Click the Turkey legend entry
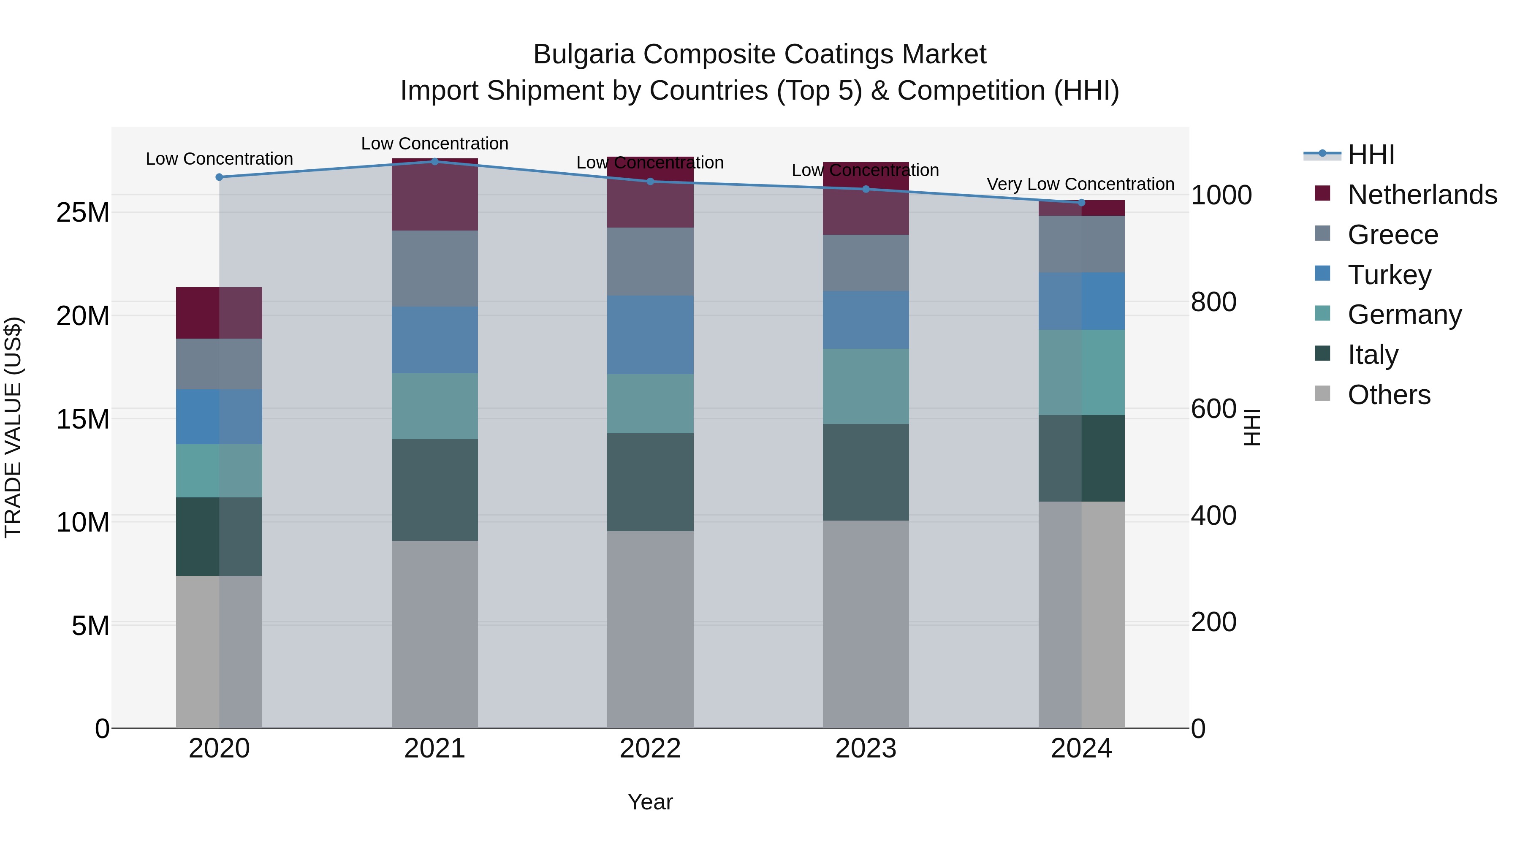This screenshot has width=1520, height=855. (x=1389, y=275)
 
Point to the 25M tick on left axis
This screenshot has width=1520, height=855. (x=83, y=212)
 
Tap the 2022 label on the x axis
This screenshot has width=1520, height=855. (x=650, y=749)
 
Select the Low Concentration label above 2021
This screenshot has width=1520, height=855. (x=434, y=144)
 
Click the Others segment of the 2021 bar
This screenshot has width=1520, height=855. (x=434, y=634)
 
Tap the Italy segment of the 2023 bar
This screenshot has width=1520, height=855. (x=865, y=472)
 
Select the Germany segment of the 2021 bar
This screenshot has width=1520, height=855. (x=434, y=406)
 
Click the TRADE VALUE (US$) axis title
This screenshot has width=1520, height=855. (x=13, y=427)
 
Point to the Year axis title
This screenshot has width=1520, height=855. (x=650, y=802)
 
